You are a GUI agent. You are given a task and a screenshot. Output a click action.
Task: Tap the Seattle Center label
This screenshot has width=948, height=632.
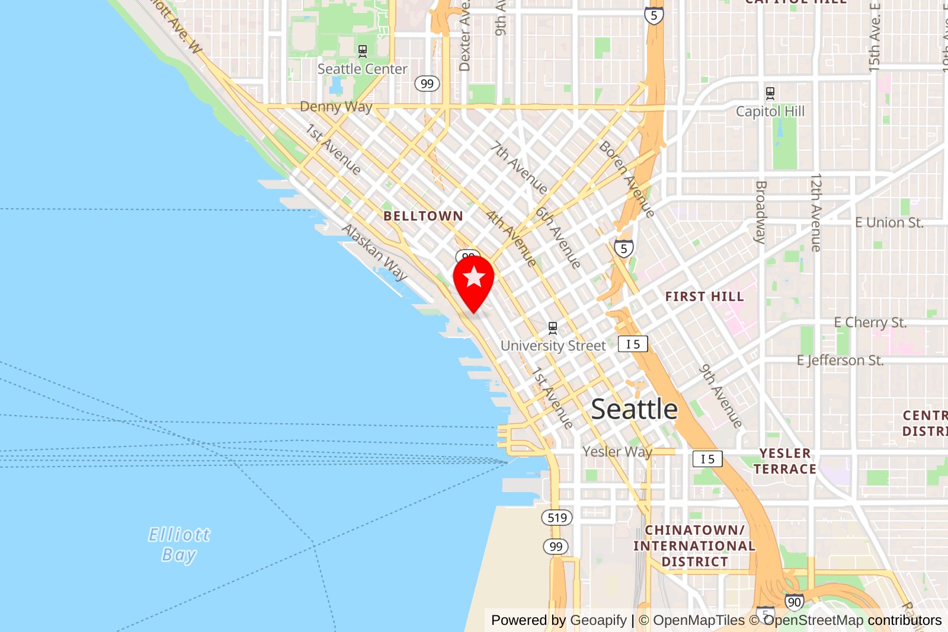click(362, 69)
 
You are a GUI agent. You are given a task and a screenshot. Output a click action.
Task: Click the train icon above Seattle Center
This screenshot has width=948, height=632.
click(363, 52)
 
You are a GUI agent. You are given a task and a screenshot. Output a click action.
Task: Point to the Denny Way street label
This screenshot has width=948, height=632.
click(336, 107)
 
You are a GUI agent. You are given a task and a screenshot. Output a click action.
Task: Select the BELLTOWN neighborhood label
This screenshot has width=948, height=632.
click(423, 216)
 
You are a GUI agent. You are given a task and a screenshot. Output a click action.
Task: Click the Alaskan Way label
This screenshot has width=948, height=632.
click(374, 251)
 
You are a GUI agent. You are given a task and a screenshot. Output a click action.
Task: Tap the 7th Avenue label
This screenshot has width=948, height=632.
click(519, 167)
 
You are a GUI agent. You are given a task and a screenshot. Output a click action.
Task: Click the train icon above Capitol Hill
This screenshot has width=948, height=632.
click(770, 93)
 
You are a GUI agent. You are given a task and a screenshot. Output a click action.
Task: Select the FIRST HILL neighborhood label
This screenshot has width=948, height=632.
click(704, 296)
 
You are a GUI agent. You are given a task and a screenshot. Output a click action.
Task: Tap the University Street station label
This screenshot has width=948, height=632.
click(553, 346)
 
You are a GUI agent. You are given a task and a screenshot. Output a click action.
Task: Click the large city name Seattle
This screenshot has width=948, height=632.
click(634, 409)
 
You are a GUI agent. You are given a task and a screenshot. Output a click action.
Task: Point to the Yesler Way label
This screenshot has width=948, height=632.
click(617, 452)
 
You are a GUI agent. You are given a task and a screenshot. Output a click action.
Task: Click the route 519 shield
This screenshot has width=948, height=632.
click(557, 518)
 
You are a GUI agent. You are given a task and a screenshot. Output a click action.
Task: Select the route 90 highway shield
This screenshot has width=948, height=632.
click(794, 602)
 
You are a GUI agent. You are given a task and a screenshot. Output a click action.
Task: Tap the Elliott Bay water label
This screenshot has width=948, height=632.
click(179, 544)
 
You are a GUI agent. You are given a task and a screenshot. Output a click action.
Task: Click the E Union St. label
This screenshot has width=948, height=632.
click(889, 223)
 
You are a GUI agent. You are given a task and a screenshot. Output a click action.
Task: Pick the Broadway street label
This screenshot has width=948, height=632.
click(761, 212)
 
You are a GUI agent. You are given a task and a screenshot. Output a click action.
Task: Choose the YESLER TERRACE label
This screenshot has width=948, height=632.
click(784, 461)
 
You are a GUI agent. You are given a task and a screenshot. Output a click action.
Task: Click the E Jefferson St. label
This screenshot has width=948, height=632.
click(840, 360)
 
